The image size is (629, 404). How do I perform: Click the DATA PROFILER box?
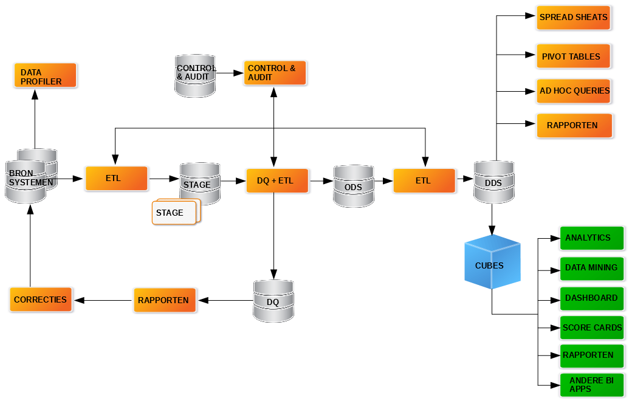(x=46, y=75)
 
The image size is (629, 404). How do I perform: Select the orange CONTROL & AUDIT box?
(x=275, y=73)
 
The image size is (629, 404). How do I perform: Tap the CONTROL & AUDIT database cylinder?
(x=195, y=75)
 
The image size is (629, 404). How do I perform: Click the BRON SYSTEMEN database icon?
(x=27, y=180)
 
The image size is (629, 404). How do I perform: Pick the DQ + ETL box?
(x=277, y=180)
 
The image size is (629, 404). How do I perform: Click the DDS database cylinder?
(x=494, y=181)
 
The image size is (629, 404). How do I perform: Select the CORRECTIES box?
(x=40, y=300)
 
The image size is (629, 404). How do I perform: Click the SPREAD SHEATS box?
(x=573, y=17)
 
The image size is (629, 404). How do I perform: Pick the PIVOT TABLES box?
(x=573, y=56)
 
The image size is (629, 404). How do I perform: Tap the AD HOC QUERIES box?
(x=574, y=91)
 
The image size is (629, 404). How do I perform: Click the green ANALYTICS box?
(x=591, y=238)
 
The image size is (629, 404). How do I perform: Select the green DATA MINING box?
(x=591, y=267)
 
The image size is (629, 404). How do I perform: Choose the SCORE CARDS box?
(x=591, y=327)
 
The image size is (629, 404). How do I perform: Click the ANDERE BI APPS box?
(x=591, y=385)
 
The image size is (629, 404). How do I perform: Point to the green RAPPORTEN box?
(x=591, y=355)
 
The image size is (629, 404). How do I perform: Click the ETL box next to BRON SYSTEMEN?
(x=116, y=179)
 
